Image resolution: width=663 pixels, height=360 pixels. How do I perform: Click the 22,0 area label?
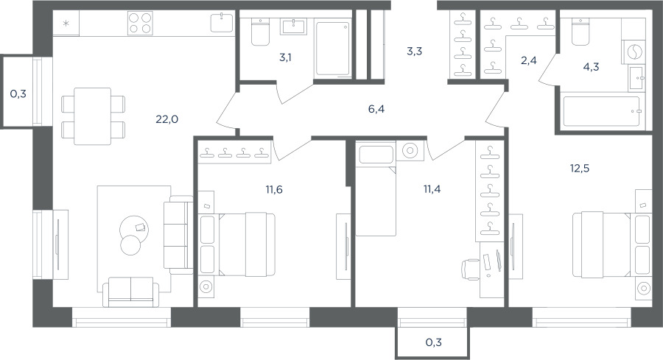click(x=166, y=119)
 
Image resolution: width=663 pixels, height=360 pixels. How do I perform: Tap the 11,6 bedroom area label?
click(x=274, y=190)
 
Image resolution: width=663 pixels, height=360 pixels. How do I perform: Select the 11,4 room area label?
click(x=432, y=189)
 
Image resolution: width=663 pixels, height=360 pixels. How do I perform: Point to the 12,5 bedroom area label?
click(x=579, y=169)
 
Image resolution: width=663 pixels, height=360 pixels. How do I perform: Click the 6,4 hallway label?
click(x=376, y=110)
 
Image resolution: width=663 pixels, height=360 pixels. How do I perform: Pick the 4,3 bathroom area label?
click(x=591, y=67)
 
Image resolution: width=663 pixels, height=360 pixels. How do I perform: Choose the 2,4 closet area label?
click(x=528, y=61)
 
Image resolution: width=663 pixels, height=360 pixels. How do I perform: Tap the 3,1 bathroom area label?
click(x=285, y=57)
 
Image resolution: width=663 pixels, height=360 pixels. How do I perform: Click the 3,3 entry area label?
click(x=414, y=52)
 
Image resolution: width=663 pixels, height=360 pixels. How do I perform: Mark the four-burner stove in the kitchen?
click(x=140, y=23)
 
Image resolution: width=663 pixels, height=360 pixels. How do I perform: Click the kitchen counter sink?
click(x=222, y=22)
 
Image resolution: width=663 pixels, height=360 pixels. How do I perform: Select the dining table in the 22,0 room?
click(x=93, y=116)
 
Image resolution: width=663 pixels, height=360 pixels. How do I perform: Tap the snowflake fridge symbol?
click(x=66, y=24)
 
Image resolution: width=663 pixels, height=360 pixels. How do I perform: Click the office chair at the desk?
click(x=470, y=269)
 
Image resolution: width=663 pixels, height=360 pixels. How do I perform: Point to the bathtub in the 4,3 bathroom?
click(x=601, y=112)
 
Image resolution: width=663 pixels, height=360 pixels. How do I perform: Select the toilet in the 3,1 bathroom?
click(x=260, y=32)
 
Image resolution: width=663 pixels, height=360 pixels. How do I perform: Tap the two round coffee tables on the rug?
click(x=133, y=235)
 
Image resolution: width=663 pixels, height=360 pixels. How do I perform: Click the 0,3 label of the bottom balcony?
click(x=433, y=342)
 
